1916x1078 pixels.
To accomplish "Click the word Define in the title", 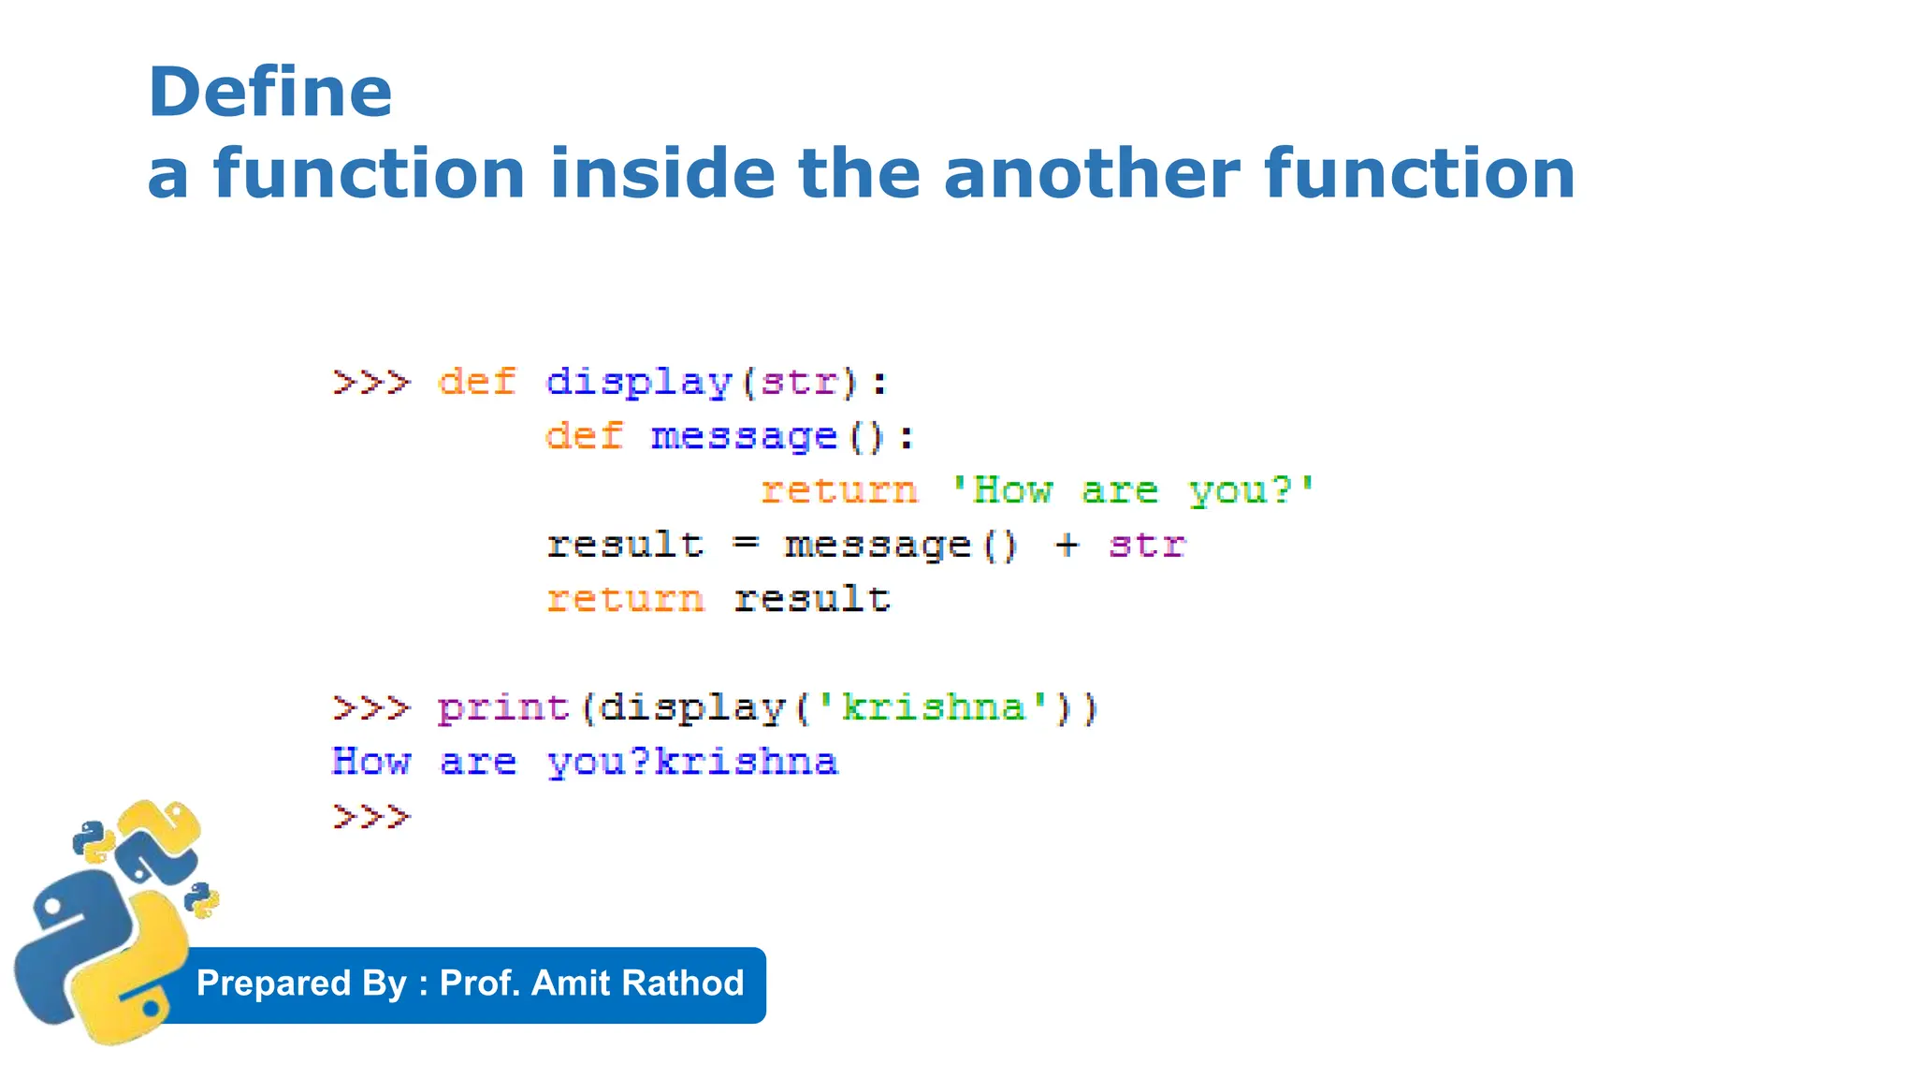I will point(269,93).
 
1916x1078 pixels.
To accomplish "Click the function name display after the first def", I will point(638,383).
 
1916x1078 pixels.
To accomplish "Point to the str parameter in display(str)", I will point(798,383).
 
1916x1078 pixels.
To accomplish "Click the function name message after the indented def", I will point(744,437).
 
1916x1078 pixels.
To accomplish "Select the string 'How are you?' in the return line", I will point(1132,490).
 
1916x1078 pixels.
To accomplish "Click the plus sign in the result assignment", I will point(1067,545).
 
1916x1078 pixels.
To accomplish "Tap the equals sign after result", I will point(745,545).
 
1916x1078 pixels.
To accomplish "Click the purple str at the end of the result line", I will point(1147,545).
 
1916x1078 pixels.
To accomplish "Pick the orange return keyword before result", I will point(625,599).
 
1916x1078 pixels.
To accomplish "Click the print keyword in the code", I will point(503,708).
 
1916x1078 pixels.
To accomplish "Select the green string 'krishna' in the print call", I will point(933,707).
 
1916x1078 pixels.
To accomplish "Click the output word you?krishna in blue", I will point(692,763).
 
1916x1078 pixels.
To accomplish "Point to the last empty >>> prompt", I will point(371,817).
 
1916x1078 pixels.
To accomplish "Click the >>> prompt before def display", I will point(371,383).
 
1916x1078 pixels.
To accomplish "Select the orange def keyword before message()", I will point(584,437).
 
